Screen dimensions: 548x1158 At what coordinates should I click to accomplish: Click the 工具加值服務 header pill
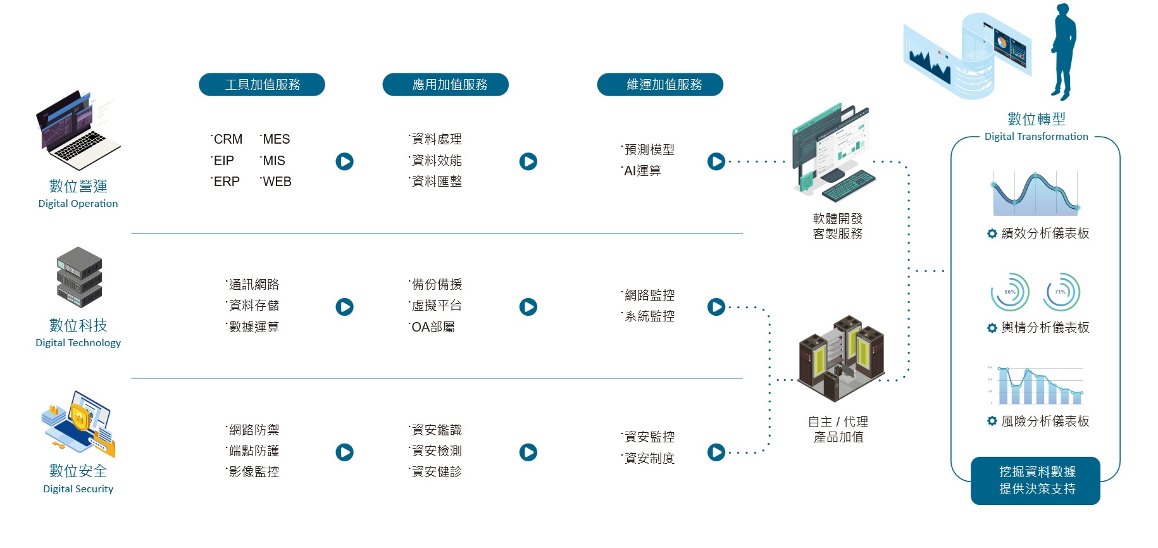pos(262,84)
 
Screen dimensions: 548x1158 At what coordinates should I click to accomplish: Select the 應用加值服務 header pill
pos(445,84)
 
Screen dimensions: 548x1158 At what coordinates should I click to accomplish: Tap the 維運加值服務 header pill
pos(660,84)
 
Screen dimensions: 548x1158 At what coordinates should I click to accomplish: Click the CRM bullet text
pos(228,139)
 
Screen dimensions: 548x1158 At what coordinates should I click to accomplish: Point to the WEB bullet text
pos(277,182)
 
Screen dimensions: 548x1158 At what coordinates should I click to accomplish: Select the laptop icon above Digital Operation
pos(77,131)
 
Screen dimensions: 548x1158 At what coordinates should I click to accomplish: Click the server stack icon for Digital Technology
pos(79,277)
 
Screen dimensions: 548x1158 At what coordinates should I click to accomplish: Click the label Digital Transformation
pos(1036,137)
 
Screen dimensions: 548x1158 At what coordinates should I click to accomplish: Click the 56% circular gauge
pos(1010,292)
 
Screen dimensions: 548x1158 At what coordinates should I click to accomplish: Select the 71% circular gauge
pos(1061,292)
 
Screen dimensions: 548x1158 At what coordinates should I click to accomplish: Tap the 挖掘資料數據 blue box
pos(1036,480)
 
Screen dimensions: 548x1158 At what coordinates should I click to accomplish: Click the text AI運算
pos(642,171)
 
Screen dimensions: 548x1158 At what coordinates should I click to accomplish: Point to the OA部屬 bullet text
pos(433,327)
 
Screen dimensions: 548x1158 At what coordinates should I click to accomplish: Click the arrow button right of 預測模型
pos(716,161)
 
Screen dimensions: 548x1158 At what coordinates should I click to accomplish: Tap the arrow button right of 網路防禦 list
pos(344,452)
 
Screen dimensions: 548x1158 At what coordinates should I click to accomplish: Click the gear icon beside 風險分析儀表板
pos(992,421)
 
